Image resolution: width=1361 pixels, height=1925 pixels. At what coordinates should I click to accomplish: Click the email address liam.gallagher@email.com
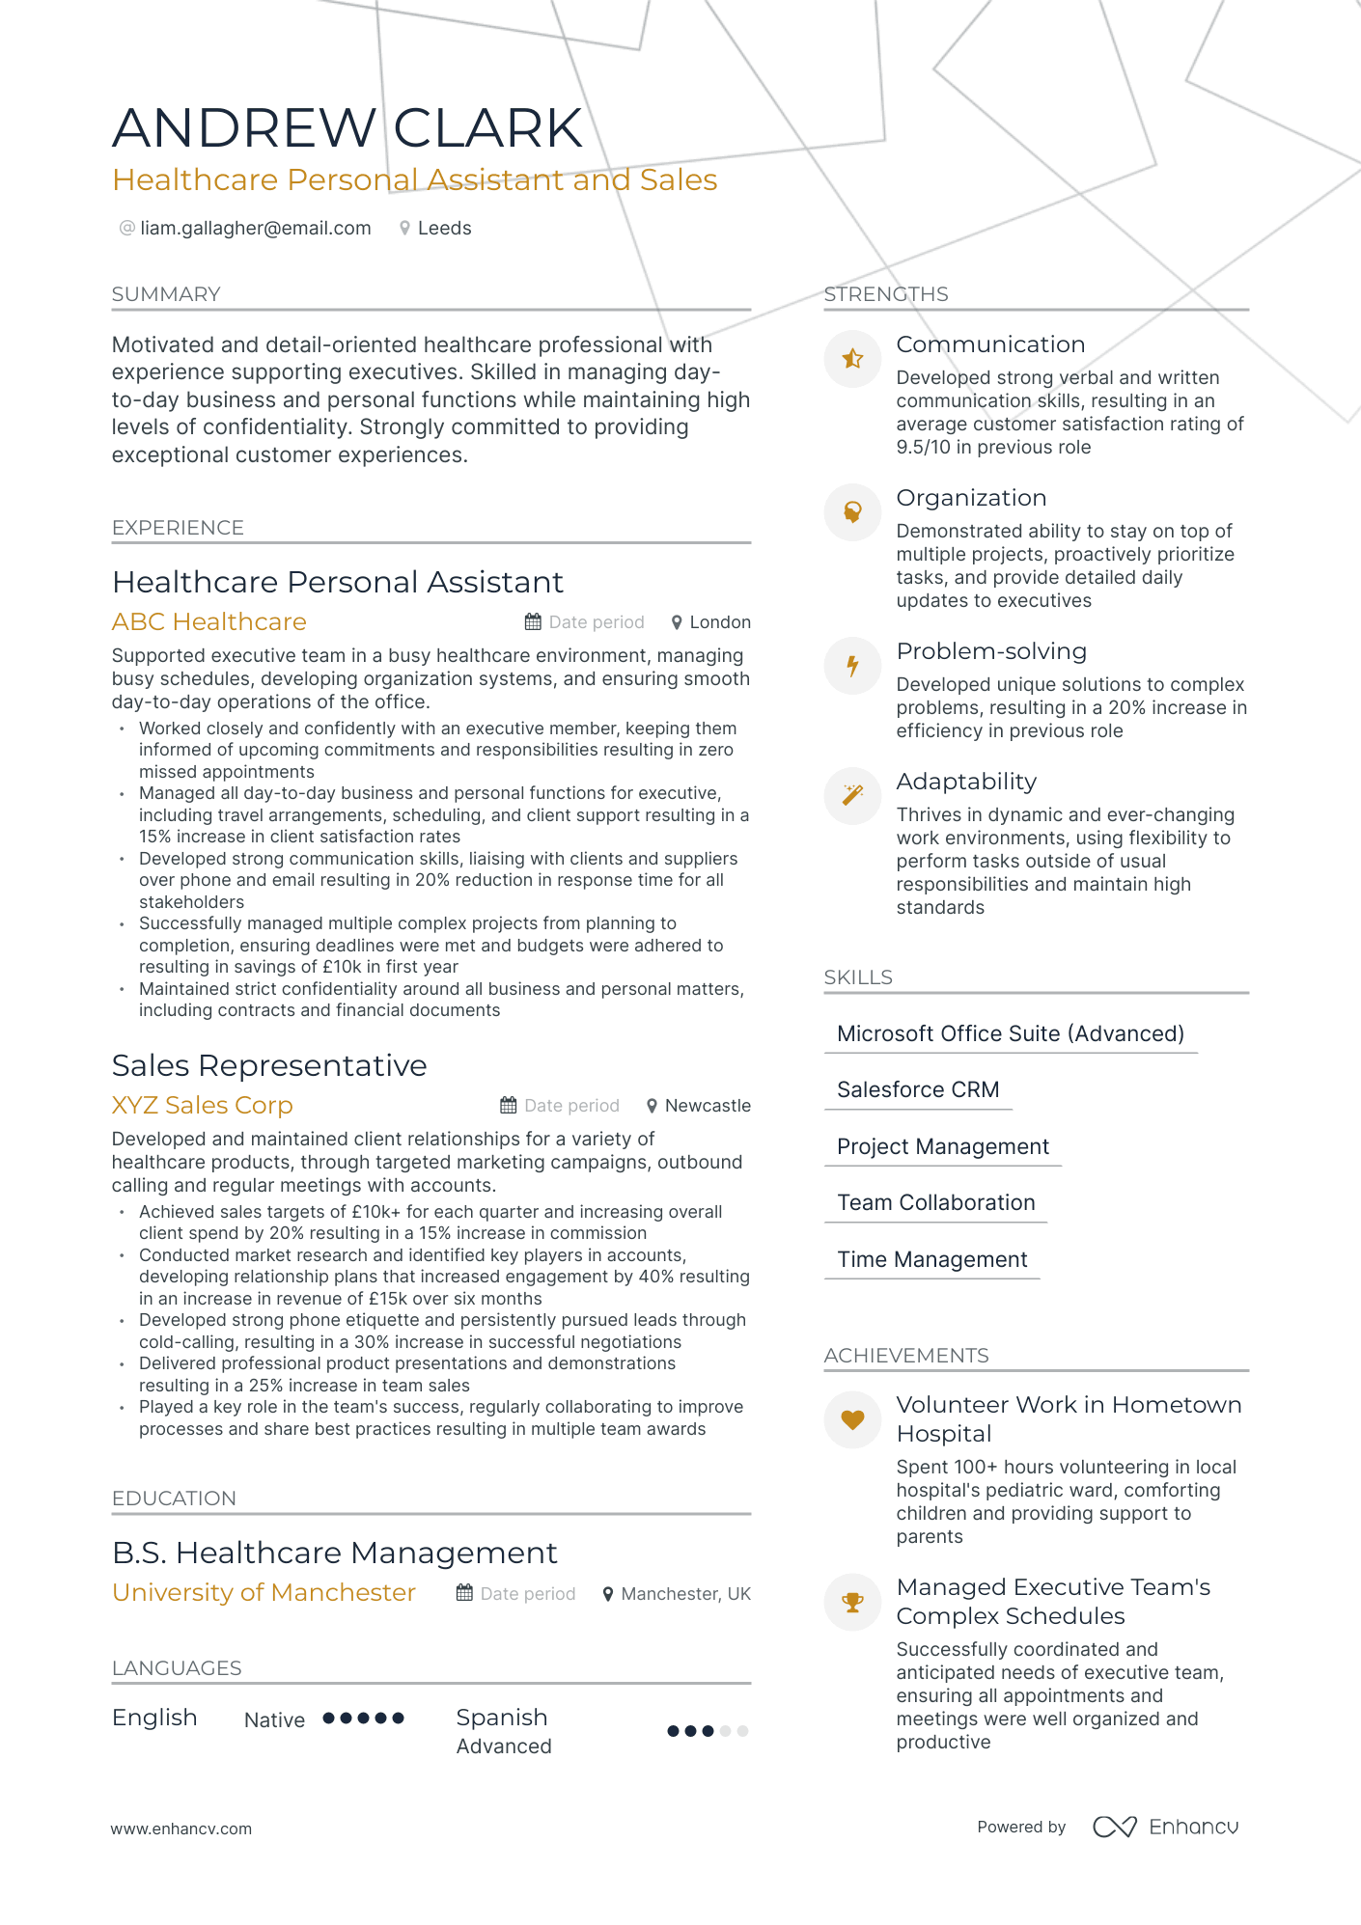coord(255,229)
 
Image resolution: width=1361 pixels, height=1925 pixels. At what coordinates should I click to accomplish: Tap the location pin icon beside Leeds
coord(405,229)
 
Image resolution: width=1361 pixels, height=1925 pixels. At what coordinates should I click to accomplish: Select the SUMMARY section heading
coord(166,294)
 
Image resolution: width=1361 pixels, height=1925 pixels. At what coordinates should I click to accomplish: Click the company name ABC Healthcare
coord(209,622)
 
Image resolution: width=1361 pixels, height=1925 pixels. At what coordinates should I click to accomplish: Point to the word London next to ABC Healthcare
coord(720,622)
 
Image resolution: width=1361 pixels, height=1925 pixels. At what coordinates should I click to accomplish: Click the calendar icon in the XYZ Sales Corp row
coord(509,1106)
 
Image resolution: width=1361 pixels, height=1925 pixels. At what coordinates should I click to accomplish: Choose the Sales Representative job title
coord(269,1065)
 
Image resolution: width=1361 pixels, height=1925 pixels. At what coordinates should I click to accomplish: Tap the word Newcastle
coord(708,1106)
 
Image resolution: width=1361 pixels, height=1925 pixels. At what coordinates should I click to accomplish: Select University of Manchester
coord(264,1593)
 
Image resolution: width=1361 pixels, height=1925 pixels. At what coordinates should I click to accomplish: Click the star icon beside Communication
coord(852,359)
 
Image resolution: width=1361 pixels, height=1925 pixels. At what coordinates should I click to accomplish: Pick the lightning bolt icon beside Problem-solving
coord(852,666)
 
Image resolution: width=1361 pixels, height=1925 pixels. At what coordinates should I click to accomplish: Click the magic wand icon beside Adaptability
coord(852,795)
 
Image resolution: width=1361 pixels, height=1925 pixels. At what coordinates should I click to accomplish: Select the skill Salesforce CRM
coord(918,1090)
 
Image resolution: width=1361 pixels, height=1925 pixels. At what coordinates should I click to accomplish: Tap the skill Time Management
coord(931,1260)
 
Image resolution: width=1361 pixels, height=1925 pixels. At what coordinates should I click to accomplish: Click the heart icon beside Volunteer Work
coord(852,1419)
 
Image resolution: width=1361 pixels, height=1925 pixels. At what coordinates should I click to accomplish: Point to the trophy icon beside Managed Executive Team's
coord(852,1603)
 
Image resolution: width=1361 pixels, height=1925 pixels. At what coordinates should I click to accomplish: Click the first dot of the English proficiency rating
coord(329,1719)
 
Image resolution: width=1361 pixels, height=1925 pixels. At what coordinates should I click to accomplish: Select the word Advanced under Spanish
coord(504,1746)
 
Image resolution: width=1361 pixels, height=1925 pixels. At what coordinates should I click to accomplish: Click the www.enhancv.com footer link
coord(181,1829)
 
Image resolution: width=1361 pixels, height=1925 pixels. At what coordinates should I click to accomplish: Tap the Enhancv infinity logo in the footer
coord(1114,1827)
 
